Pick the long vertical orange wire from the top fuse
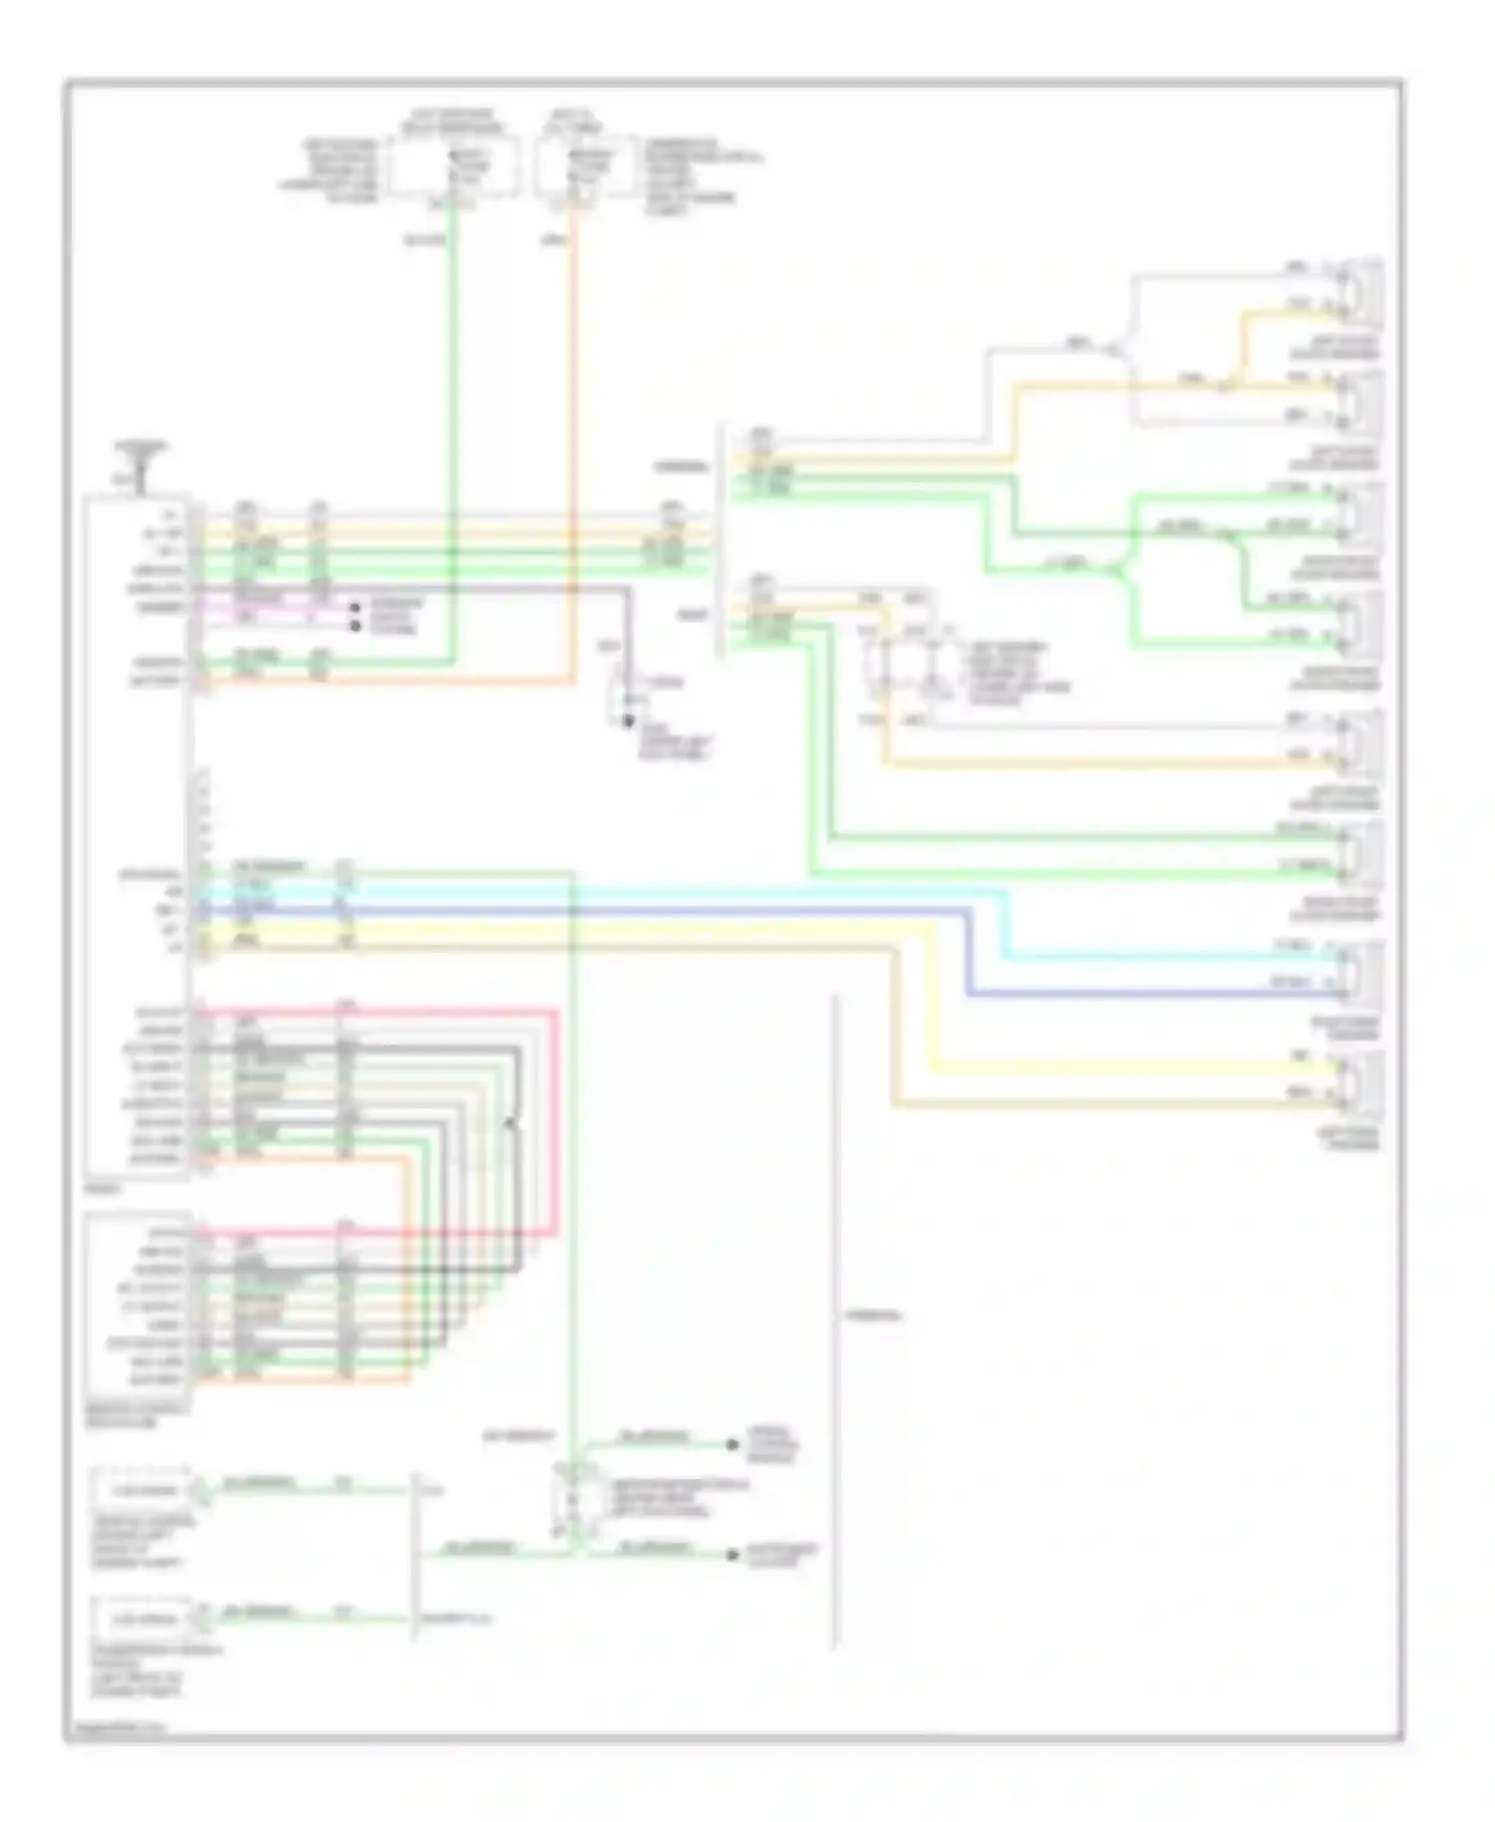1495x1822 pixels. tap(574, 449)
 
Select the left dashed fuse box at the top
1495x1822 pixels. tap(453, 167)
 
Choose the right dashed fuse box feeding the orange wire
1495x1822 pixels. tap(583, 167)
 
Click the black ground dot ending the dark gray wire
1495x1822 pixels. tap(628, 721)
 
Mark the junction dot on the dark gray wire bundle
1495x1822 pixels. tap(509, 1124)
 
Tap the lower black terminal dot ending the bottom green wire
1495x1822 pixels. tap(733, 1555)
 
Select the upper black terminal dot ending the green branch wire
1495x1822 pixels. tap(733, 1444)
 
